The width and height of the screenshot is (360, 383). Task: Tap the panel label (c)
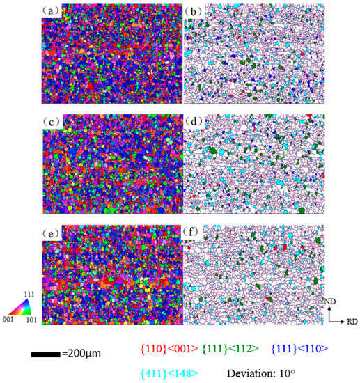(x=52, y=122)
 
